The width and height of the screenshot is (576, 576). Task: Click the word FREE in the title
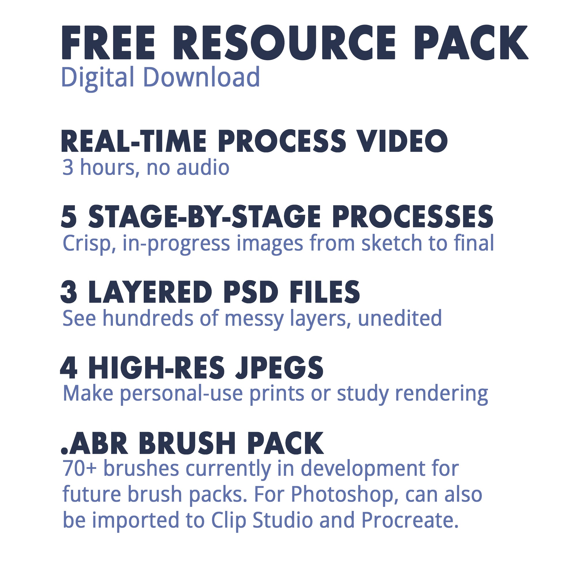[x=108, y=43]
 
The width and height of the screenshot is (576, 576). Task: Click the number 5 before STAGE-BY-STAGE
[x=69, y=217]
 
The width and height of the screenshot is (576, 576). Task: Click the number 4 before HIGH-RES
[x=69, y=368]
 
